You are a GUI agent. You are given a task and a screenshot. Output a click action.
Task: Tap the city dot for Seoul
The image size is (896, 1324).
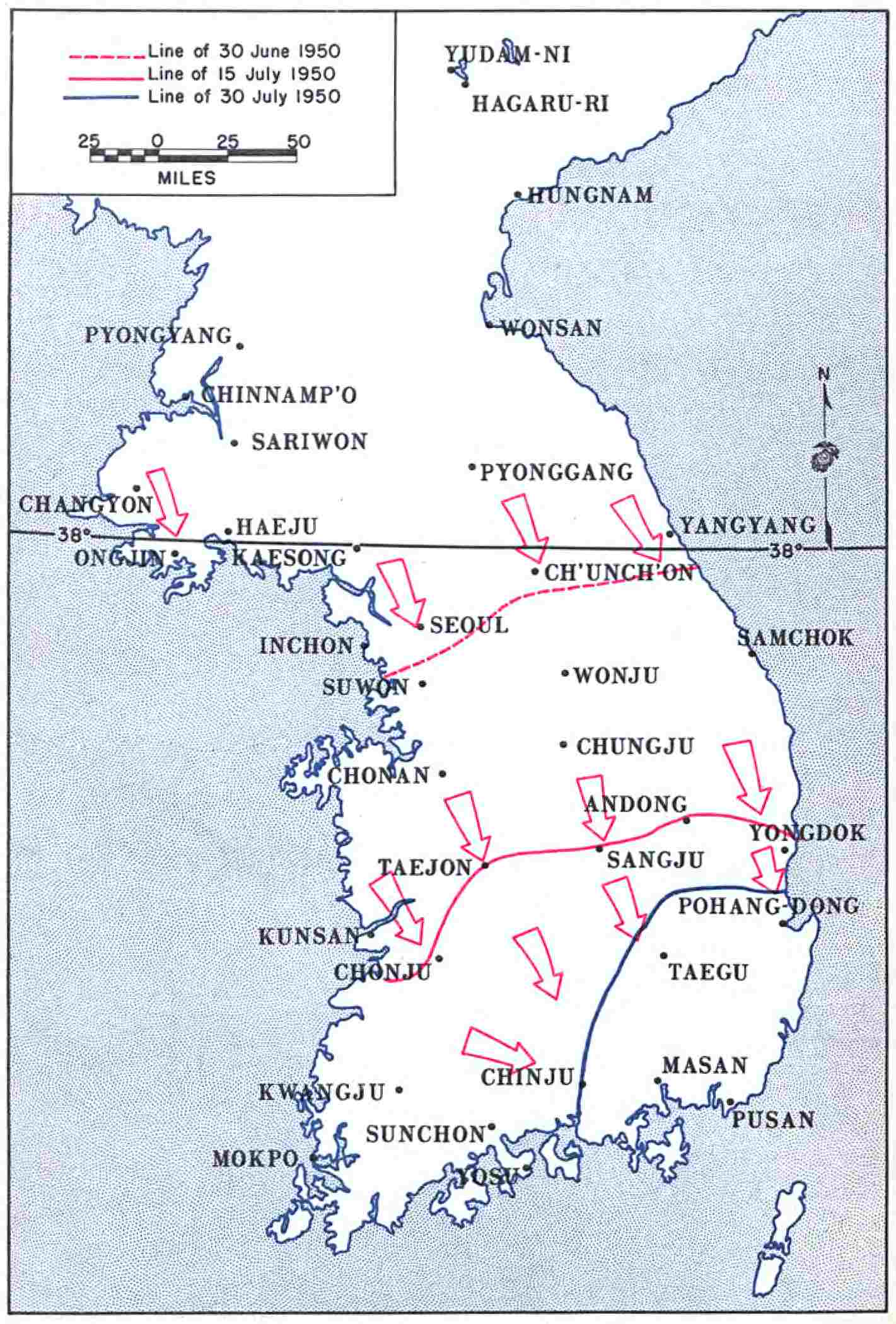coord(421,626)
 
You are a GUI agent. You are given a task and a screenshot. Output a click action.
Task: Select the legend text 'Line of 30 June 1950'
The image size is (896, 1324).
coord(244,50)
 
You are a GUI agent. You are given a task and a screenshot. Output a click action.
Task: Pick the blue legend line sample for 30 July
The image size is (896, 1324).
coord(100,98)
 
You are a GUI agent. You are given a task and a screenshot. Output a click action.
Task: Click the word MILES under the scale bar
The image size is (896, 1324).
coord(187,178)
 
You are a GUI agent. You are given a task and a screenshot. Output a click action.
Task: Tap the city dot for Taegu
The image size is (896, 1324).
coord(663,956)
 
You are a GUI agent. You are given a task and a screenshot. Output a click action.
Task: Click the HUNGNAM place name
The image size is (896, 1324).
coord(590,195)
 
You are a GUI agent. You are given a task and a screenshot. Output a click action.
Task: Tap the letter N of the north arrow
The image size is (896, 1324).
coord(823,375)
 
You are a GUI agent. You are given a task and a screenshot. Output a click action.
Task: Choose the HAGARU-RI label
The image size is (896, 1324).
coord(540,104)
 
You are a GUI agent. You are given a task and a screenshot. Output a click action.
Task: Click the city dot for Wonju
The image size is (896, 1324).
coord(565,673)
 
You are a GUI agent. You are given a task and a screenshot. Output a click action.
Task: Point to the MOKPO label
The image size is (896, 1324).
coord(255,1159)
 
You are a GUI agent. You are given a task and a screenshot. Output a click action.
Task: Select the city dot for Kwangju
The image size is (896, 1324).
coord(399,1089)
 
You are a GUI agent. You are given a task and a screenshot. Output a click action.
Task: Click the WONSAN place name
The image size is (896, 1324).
coord(551,328)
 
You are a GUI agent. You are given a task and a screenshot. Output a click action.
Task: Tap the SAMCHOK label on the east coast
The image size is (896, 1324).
coord(796,638)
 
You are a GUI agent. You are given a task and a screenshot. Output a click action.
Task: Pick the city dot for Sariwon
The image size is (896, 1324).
coord(234,443)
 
